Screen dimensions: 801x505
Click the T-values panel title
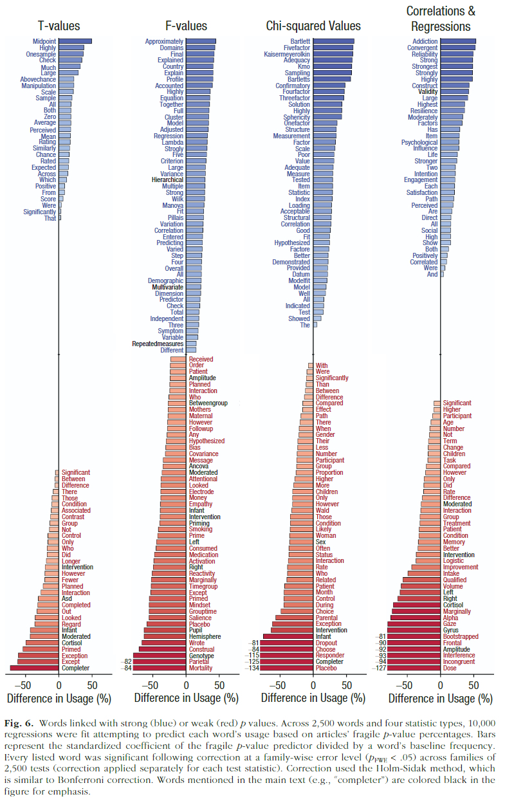point(59,26)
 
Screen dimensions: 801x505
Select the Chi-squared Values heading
point(313,26)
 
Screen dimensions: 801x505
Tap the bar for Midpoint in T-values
point(75,41)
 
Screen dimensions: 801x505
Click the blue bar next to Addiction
point(459,41)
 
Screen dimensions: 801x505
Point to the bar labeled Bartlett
point(334,41)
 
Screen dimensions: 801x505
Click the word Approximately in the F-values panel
point(164,41)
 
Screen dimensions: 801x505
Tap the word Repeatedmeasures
point(158,344)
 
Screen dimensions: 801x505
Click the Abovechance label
point(38,79)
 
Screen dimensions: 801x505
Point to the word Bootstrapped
point(461,636)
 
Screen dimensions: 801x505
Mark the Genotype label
point(201,655)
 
